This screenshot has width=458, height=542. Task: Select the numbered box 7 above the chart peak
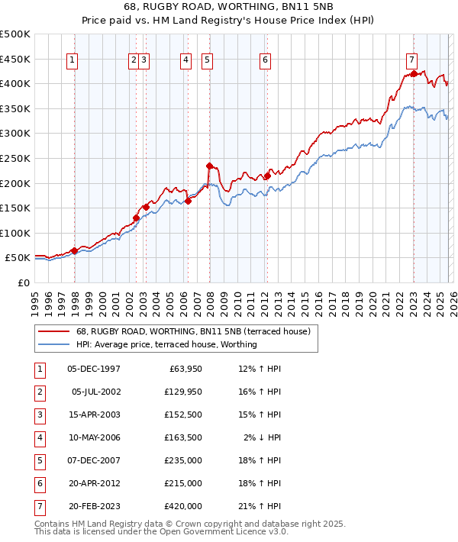(x=411, y=60)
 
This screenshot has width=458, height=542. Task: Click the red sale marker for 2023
(x=414, y=73)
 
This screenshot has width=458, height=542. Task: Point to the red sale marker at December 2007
(x=209, y=165)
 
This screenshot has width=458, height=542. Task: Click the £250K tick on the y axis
(x=15, y=158)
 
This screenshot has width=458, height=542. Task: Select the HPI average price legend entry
(x=166, y=344)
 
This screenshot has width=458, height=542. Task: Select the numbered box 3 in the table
(x=38, y=415)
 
